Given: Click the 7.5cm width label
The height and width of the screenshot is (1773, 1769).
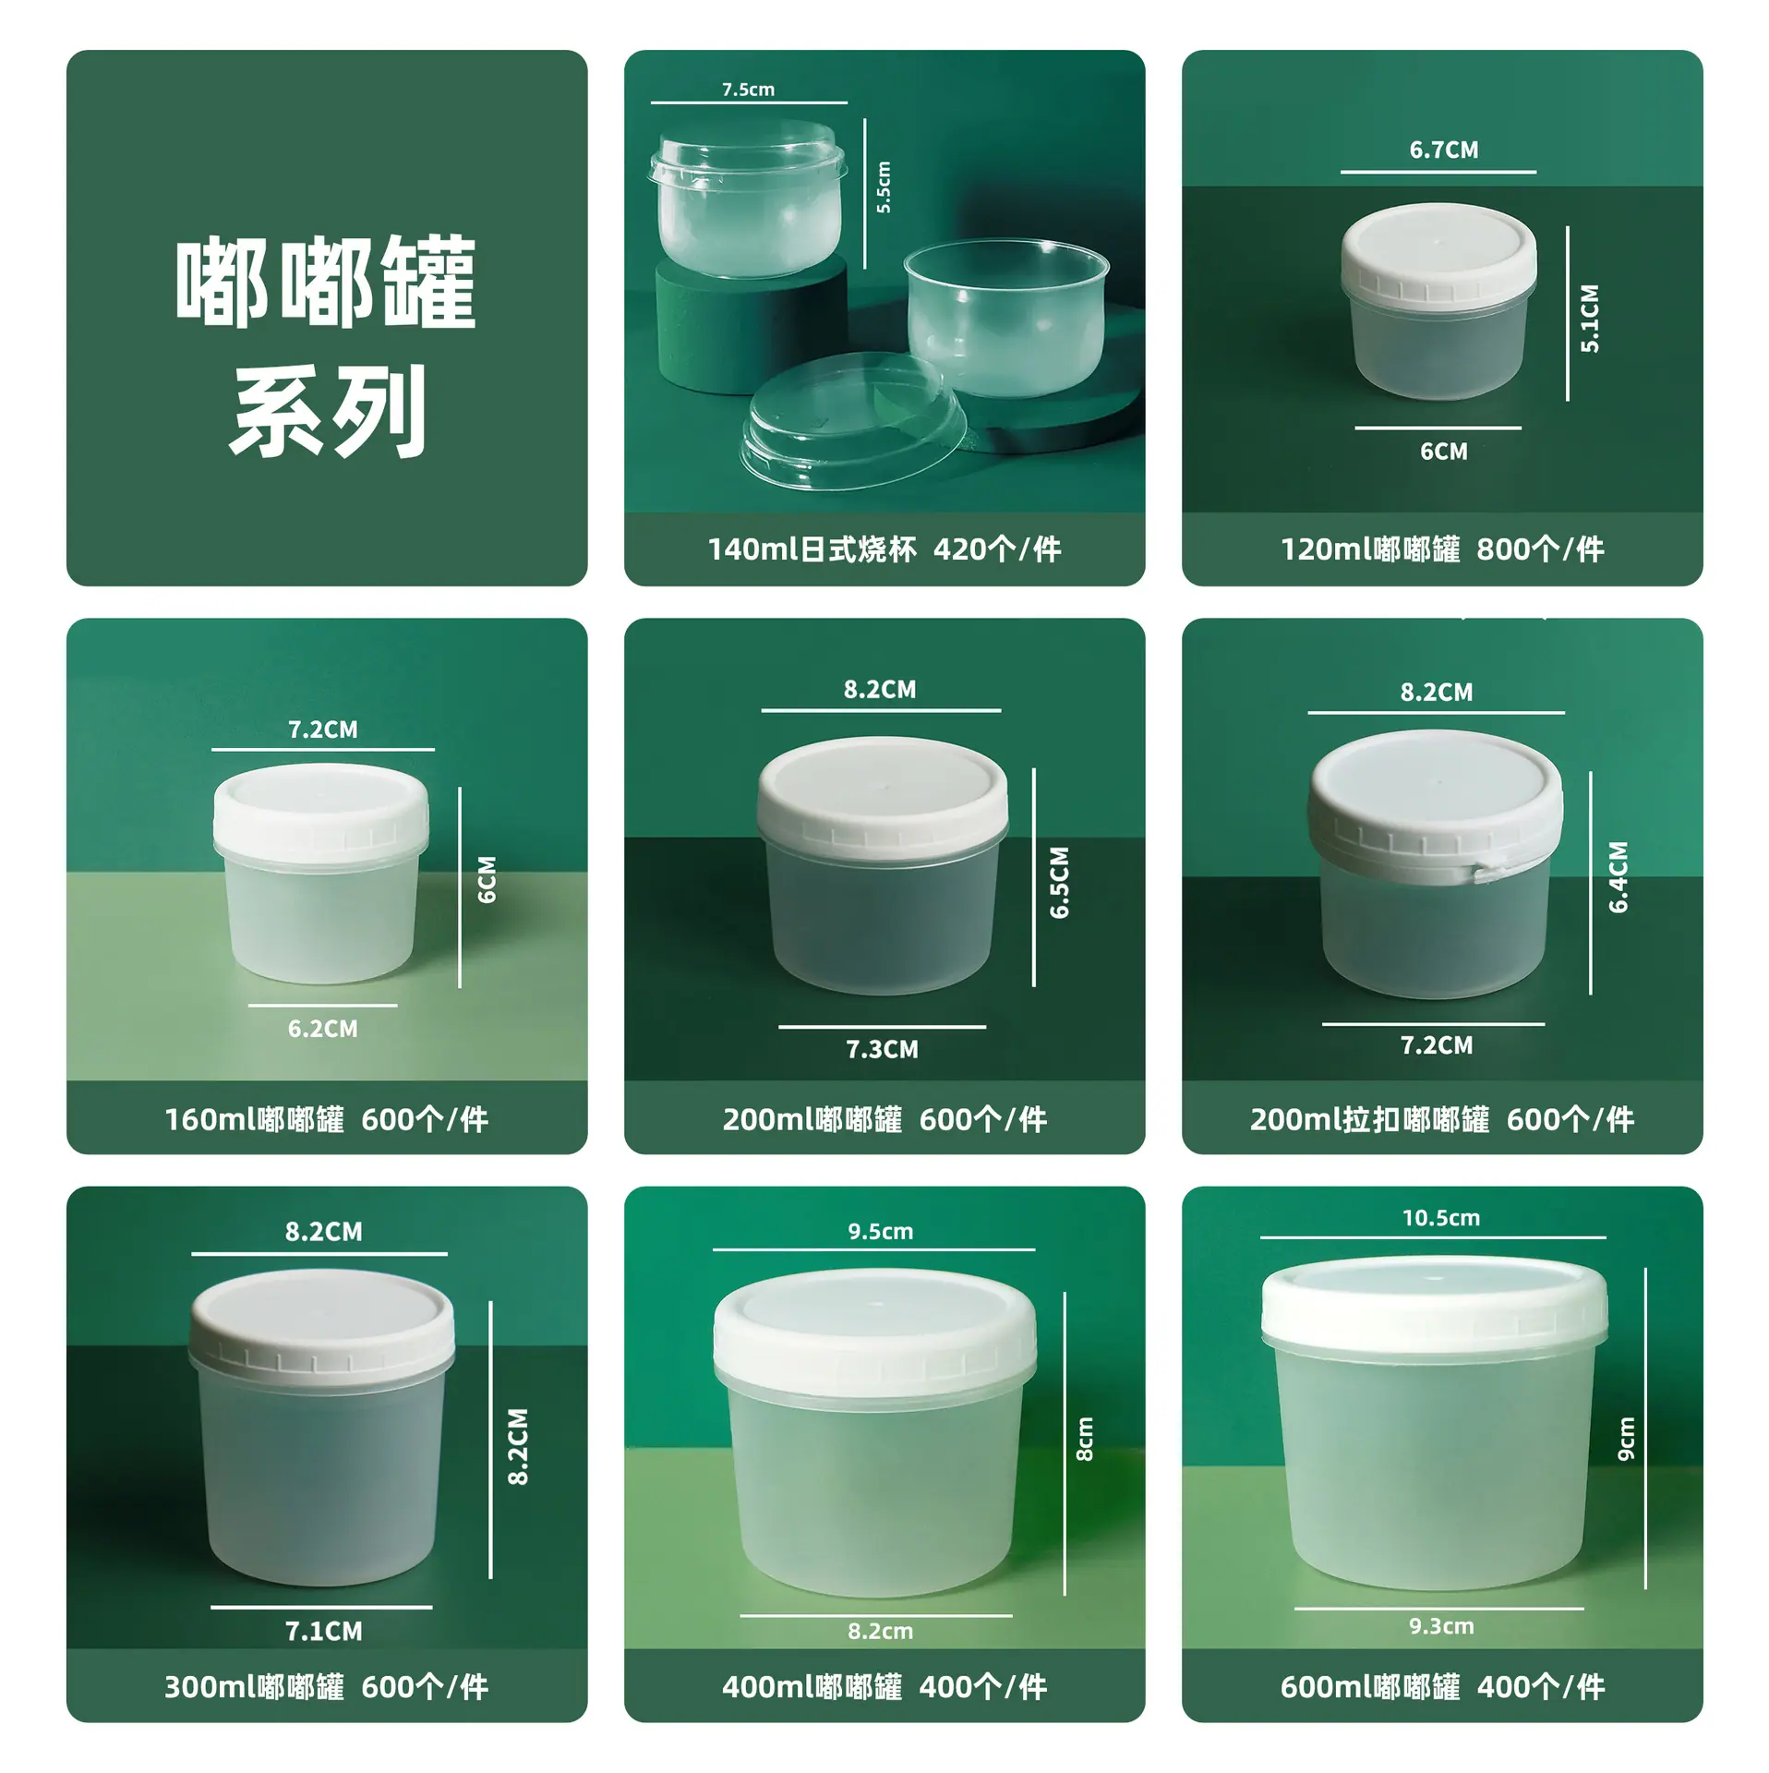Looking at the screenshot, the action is point(748,90).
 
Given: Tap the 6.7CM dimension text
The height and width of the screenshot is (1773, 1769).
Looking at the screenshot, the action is point(1443,150).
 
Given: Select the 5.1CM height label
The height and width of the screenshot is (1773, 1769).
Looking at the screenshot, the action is point(1589,318).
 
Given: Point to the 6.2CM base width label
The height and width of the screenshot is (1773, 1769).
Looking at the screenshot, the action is point(322,1029).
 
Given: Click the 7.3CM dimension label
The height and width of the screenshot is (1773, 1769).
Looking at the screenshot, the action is point(882,1049).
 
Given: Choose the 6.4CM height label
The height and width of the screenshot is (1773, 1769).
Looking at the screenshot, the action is point(1619,877).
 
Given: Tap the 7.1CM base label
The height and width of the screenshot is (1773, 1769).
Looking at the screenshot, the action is point(323,1632).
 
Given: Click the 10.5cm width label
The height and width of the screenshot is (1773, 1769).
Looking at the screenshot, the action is point(1440,1218).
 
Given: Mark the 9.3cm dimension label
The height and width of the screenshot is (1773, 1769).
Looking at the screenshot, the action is point(1441,1626).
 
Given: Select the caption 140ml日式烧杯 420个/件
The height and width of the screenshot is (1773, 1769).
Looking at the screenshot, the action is point(884,549).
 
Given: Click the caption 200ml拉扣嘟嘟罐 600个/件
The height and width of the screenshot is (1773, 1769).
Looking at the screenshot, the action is point(1441,1119).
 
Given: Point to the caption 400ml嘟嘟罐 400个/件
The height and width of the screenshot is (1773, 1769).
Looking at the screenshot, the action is point(884,1687).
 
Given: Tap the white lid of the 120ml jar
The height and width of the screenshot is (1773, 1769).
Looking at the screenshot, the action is point(1438,252).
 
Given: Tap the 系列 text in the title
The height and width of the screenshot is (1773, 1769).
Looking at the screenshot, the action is point(328,411).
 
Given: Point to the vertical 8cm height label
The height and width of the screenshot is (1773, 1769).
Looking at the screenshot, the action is point(1085,1440).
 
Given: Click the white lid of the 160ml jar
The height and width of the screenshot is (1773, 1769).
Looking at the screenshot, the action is point(320,810).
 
